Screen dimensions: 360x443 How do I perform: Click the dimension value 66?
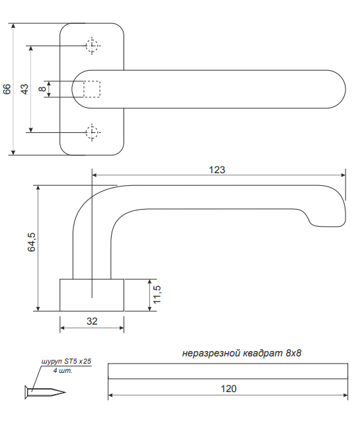coord(7,89)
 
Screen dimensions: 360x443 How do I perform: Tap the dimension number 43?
coord(25,89)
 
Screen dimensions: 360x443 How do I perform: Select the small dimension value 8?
coord(42,89)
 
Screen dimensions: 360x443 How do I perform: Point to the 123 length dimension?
coord(217,170)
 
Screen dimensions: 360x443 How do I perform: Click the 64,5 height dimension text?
coord(32,241)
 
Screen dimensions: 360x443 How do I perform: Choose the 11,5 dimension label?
coord(157,294)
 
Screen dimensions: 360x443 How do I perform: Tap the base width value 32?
coord(92,321)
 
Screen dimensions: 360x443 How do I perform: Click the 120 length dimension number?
coord(229,389)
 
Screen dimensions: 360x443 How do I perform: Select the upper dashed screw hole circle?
coord(92,46)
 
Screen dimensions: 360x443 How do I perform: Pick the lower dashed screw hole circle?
coord(92,132)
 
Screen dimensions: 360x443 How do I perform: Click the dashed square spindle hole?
coord(92,89)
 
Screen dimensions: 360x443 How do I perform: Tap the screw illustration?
coord(45,393)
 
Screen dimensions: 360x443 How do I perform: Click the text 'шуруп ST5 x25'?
coord(66,362)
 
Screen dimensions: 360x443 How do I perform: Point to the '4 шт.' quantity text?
coord(63,371)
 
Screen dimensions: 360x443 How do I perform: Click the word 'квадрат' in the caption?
coord(263,353)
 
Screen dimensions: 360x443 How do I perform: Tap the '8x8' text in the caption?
coord(293,353)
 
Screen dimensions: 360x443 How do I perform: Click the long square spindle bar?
coord(228,371)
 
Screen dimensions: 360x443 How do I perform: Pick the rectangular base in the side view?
coord(92,295)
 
